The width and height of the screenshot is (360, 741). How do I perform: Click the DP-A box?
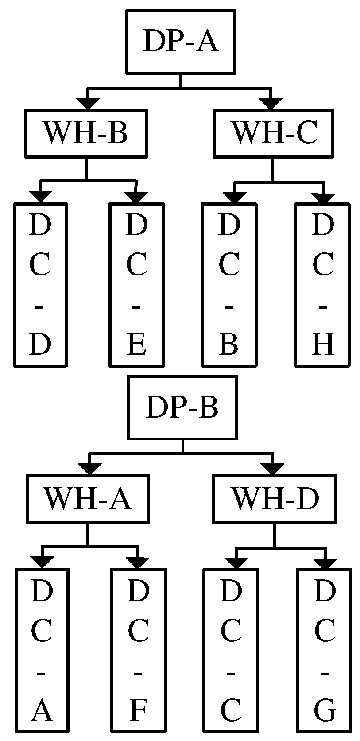[x=180, y=42]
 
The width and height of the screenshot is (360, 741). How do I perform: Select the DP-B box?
[x=182, y=407]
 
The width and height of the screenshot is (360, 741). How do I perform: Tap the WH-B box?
[x=86, y=133]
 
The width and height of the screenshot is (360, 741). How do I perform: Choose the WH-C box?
[x=273, y=133]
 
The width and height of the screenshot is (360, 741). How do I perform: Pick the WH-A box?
[x=87, y=498]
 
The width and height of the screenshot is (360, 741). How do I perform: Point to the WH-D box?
[x=275, y=498]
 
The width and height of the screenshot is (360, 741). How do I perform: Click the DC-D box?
[x=40, y=285]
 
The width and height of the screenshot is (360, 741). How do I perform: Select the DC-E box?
[x=136, y=285]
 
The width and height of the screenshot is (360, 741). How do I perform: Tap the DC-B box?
[x=229, y=285]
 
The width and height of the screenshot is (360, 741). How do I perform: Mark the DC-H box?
[x=322, y=285]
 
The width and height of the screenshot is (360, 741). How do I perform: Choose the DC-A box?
[x=42, y=650]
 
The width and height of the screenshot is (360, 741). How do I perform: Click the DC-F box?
[x=138, y=650]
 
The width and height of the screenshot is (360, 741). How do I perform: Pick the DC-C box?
[x=231, y=650]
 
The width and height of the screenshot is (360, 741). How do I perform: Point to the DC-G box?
[x=324, y=650]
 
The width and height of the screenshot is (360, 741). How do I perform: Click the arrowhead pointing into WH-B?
[x=89, y=103]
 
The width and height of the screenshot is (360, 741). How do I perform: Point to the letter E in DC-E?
[x=136, y=345]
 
